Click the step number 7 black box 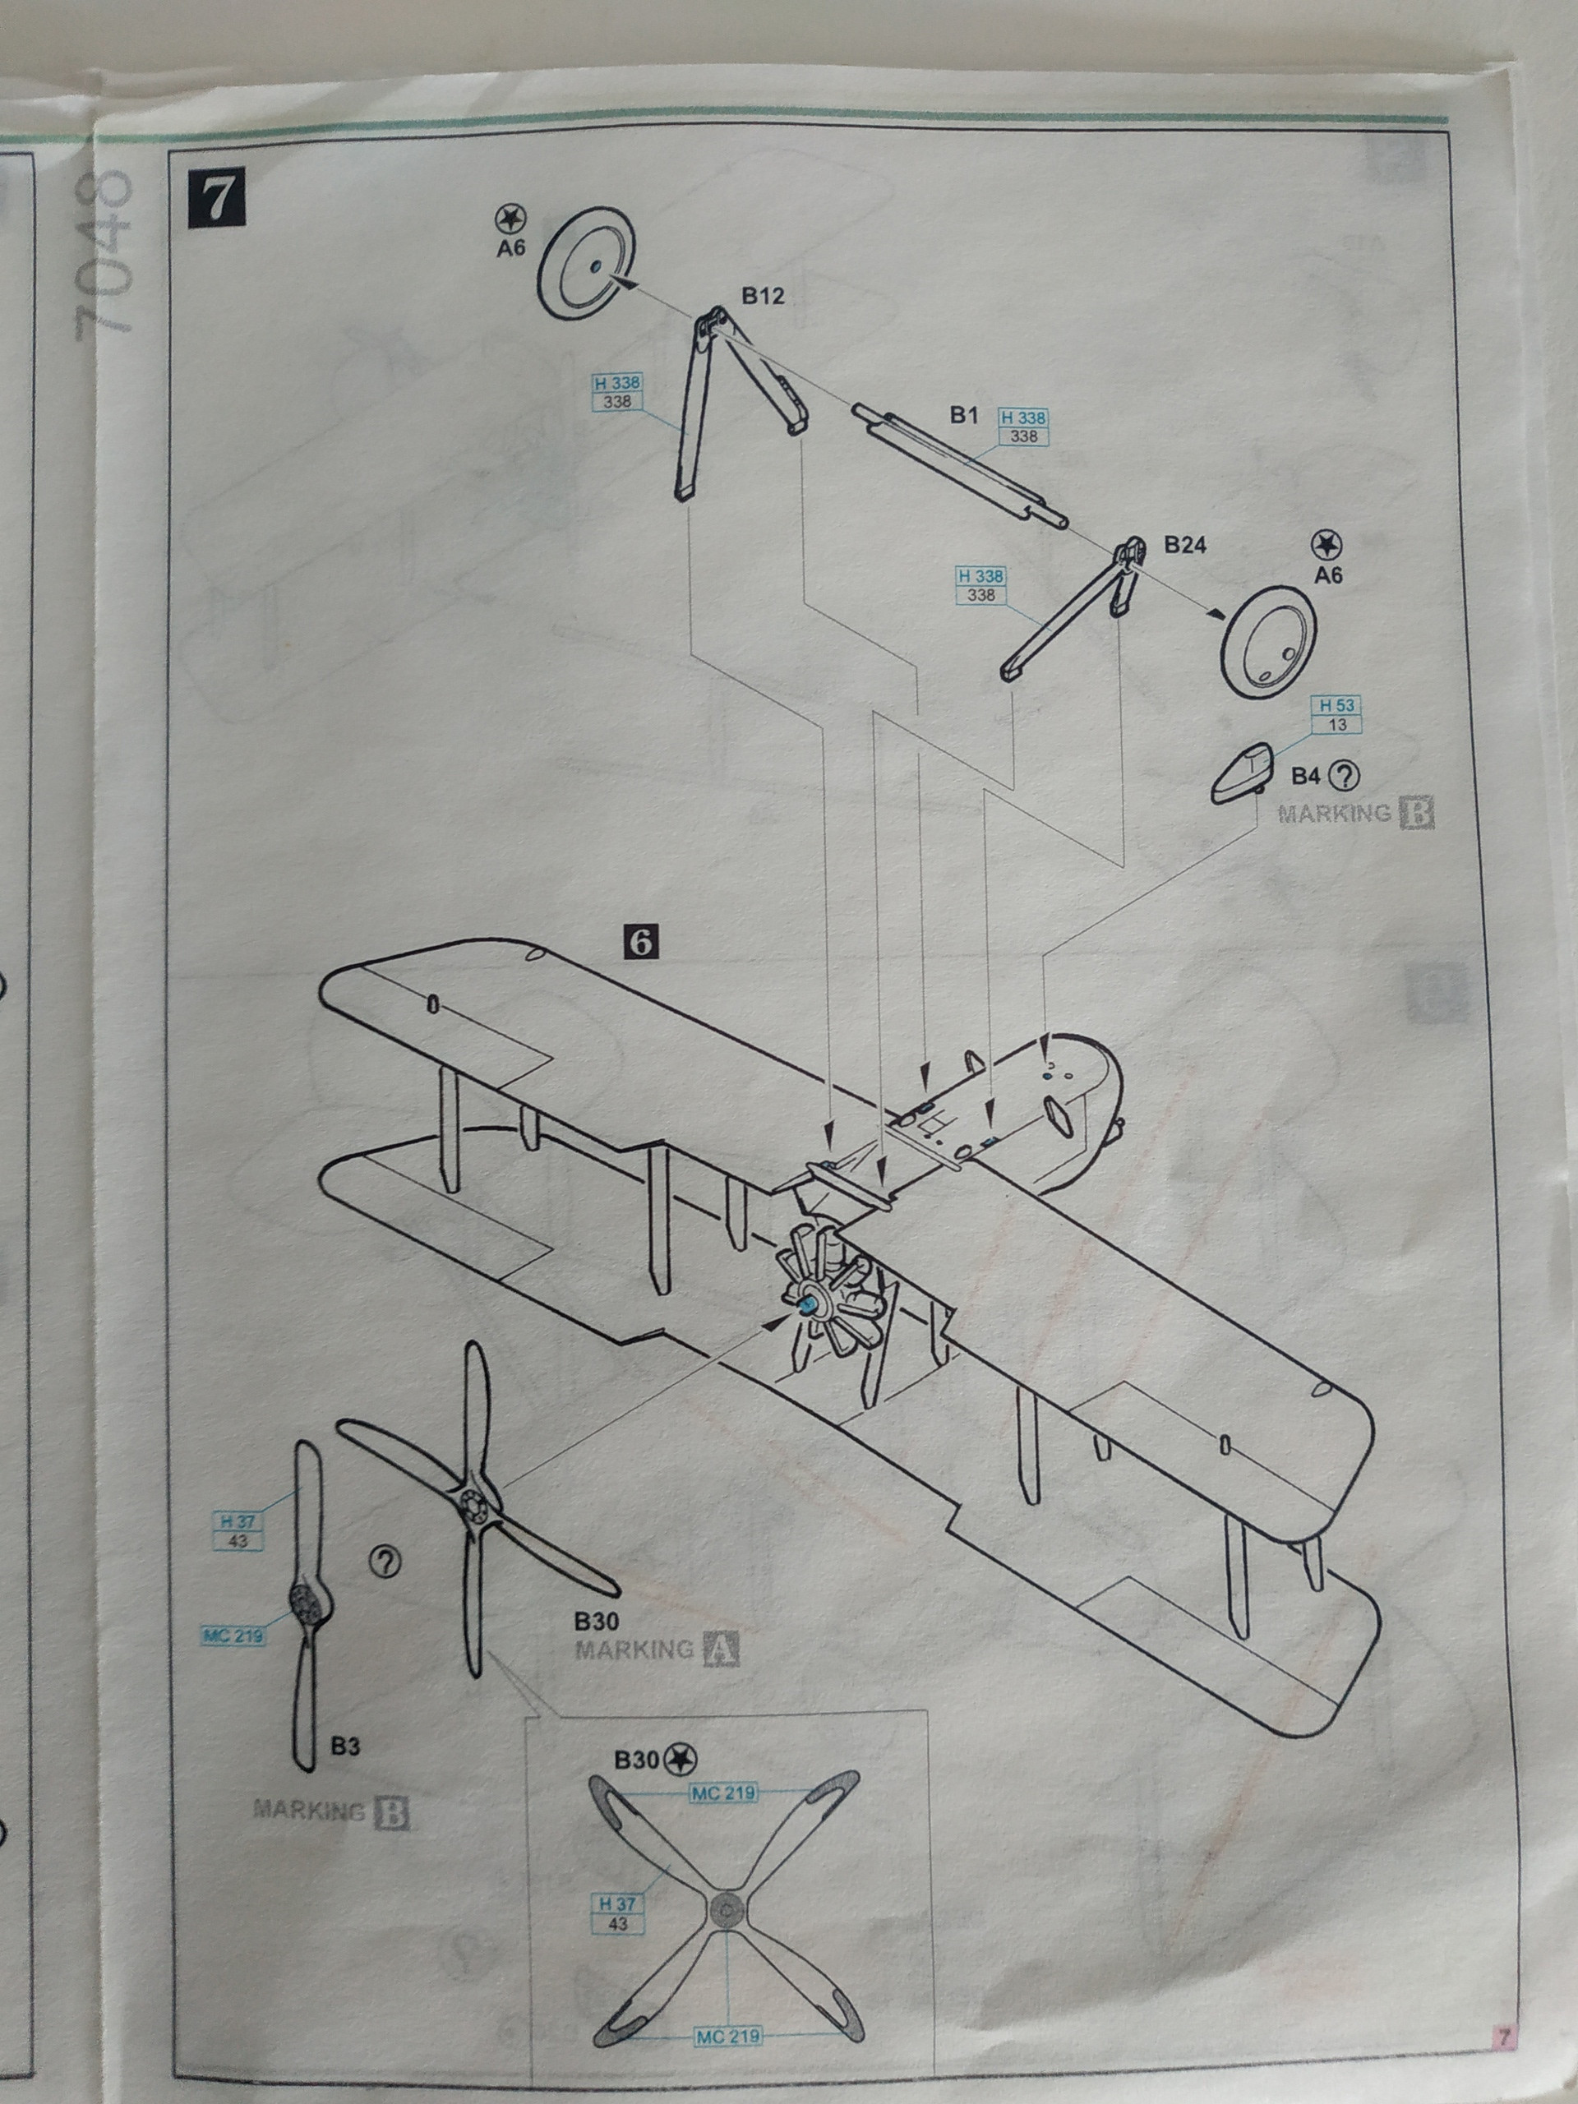[217, 200]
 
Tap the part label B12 [763, 296]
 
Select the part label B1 [963, 415]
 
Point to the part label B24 [1185, 545]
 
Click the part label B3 [345, 1746]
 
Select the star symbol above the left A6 [510, 219]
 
